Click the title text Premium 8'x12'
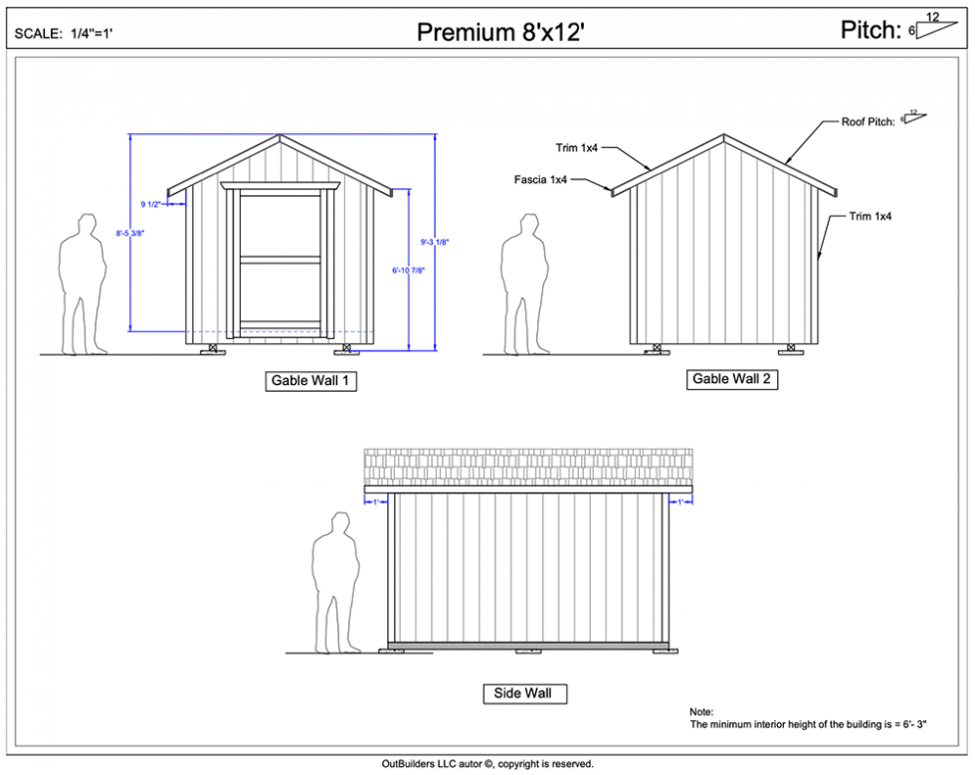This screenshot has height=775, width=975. [499, 33]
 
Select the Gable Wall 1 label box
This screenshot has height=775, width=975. [311, 381]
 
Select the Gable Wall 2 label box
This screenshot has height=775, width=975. [731, 379]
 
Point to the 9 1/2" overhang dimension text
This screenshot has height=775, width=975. [150, 204]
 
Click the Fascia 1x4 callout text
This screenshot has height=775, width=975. [540, 180]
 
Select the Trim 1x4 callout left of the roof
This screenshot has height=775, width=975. [576, 148]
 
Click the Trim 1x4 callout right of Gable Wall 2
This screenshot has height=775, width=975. [870, 216]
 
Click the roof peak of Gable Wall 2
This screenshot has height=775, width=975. [723, 135]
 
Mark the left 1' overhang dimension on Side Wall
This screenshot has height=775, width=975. [376, 502]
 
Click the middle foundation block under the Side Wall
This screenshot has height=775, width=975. [524, 652]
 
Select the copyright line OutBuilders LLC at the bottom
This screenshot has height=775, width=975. [487, 764]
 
